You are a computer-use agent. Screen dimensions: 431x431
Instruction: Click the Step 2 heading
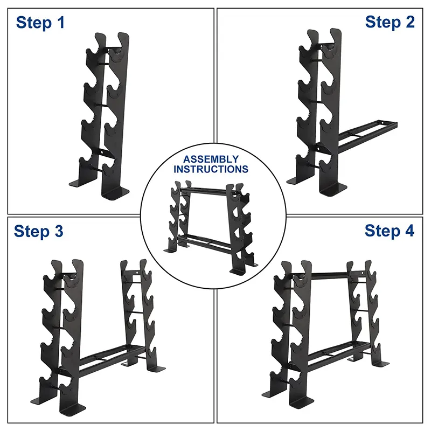(x=390, y=22)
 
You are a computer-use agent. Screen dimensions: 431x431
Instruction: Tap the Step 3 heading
(x=38, y=231)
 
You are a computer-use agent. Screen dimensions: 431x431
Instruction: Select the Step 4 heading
(x=390, y=231)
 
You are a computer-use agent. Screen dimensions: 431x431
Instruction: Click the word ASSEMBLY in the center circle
(x=211, y=159)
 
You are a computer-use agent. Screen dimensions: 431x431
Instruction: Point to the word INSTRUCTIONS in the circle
(x=211, y=169)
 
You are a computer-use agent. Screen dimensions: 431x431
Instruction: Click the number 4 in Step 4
(x=409, y=231)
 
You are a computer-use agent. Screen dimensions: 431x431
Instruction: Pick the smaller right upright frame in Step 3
(x=135, y=312)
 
